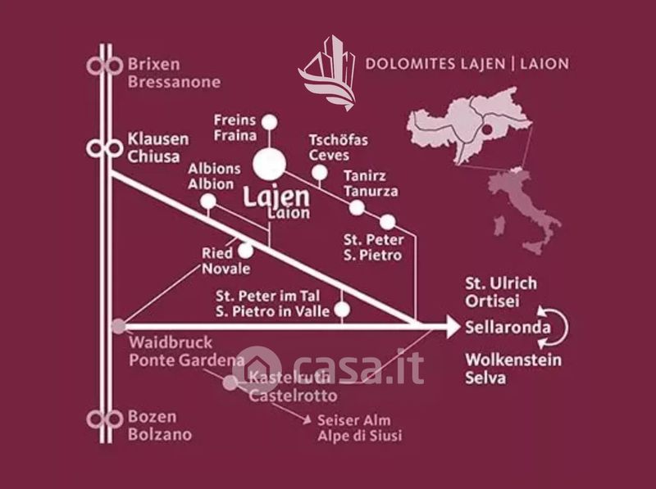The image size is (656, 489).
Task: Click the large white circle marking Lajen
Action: point(269,163)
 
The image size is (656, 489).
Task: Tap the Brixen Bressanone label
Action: point(174,72)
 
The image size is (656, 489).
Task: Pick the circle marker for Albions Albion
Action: point(208,201)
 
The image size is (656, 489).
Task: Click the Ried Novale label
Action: point(225,261)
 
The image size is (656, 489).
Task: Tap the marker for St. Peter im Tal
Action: point(343,310)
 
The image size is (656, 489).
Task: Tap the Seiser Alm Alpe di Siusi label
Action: point(359,428)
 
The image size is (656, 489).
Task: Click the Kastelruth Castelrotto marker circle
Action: point(230,382)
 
